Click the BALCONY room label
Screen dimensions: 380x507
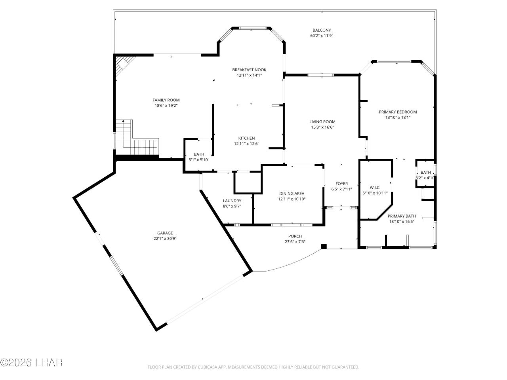pyautogui.click(x=321, y=30)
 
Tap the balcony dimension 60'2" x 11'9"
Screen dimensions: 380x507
pyautogui.click(x=321, y=36)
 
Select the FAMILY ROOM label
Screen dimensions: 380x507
pyautogui.click(x=166, y=100)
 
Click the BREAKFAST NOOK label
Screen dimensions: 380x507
pyautogui.click(x=249, y=70)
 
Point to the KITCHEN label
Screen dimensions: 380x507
pyautogui.click(x=246, y=138)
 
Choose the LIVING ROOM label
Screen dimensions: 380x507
pyautogui.click(x=322, y=122)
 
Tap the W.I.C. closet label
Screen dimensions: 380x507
pyautogui.click(x=375, y=188)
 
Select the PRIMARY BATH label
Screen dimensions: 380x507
pyautogui.click(x=402, y=216)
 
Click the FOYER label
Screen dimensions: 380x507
pyautogui.click(x=341, y=184)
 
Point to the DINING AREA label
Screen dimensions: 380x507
pyautogui.click(x=292, y=194)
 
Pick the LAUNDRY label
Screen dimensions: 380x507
pyautogui.click(x=232, y=201)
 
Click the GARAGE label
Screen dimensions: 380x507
pyautogui.click(x=165, y=233)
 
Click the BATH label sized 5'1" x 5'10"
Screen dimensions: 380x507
pyautogui.click(x=199, y=154)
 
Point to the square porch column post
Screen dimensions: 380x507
pyautogui.click(x=324, y=246)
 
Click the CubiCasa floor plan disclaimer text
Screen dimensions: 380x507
pyautogui.click(x=253, y=367)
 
